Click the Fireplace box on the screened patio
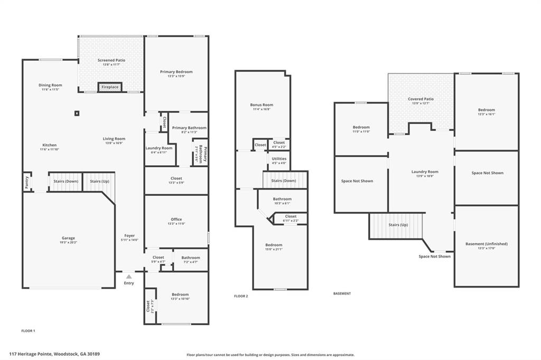110,87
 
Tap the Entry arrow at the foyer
129,276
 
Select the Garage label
68,238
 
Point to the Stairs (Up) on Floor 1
99,182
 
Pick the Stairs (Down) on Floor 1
66,182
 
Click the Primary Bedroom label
176,72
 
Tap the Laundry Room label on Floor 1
159,148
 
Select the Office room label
176,219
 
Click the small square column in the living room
77,113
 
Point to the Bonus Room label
262,105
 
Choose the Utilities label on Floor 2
279,159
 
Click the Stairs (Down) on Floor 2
284,181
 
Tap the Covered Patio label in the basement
421,99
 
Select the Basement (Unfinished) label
486,244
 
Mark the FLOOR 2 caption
241,296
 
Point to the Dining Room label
50,85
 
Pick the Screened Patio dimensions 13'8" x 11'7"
111,65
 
